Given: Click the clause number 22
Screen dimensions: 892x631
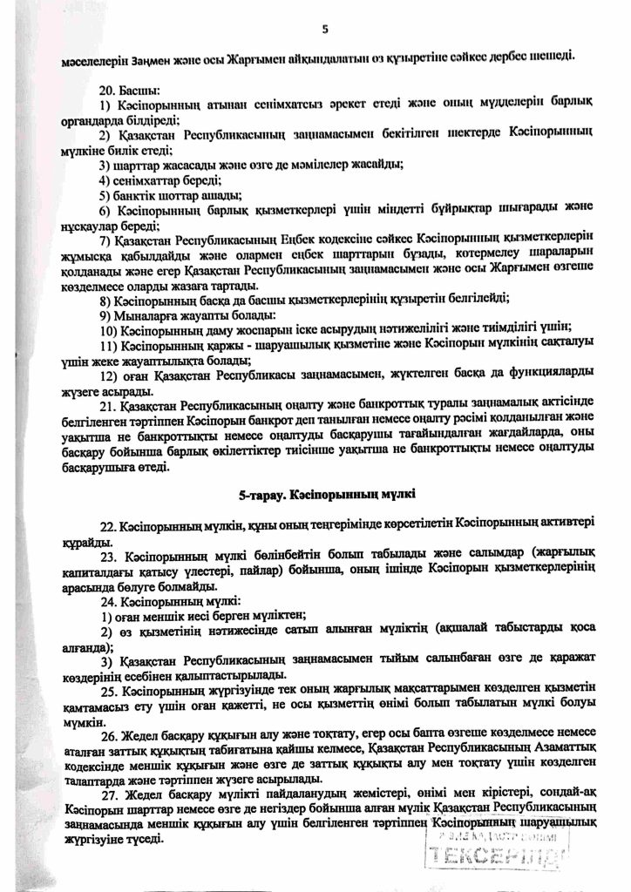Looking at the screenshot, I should click(107, 527).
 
